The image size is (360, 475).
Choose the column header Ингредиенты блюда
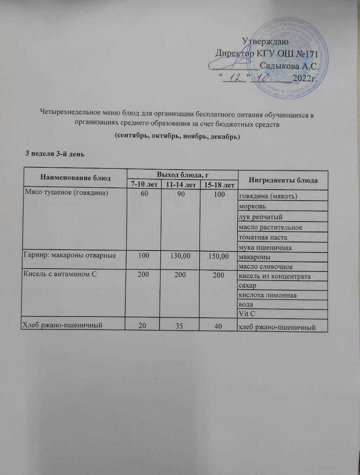pos(283,180)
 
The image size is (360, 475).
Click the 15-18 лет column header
pos(219,185)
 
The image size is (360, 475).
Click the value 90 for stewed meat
pos(181,194)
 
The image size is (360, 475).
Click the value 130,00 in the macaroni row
pos(181,256)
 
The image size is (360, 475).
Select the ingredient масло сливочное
pos(265,266)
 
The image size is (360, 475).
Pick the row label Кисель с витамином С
pos(61,274)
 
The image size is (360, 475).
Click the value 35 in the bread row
pos(181,325)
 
